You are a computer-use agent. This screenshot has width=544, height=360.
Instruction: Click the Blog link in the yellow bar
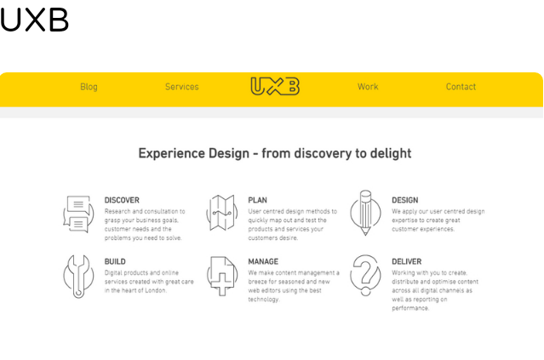89,87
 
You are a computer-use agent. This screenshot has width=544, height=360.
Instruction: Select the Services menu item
182,87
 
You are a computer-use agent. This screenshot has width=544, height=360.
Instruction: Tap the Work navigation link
368,87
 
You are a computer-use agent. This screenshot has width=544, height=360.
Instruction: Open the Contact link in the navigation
461,87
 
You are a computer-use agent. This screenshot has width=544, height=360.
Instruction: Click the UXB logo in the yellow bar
275,86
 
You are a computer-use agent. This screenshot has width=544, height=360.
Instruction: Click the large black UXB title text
34,20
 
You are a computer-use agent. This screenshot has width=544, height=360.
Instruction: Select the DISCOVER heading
122,200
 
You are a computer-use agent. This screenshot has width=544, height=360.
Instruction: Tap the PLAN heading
257,200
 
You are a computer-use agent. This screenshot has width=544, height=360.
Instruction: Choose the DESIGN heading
405,200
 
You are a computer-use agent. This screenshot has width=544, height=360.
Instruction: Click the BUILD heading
115,261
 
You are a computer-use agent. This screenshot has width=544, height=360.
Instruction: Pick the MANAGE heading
263,261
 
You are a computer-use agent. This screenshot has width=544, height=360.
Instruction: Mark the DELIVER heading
407,261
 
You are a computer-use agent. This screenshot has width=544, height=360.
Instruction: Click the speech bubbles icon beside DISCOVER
78,214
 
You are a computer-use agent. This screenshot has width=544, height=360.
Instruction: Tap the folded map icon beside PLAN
222,213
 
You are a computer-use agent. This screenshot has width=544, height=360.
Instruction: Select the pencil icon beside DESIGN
365,213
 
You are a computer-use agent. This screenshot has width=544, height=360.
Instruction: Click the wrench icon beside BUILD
79,277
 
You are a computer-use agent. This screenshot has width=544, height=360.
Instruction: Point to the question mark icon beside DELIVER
365,276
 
